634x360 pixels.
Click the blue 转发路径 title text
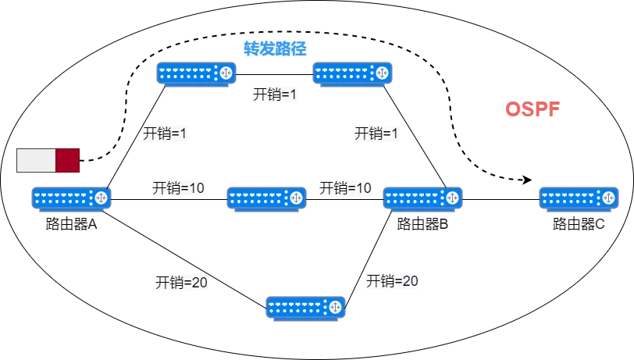(x=275, y=48)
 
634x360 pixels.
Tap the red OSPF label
(x=532, y=109)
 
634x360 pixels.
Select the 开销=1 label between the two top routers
(x=275, y=94)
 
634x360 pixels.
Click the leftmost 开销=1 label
(x=165, y=134)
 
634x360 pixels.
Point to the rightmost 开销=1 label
(x=376, y=134)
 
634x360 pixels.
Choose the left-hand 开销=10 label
(x=178, y=188)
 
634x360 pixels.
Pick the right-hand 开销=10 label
(x=345, y=188)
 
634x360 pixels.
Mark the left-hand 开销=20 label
(x=181, y=283)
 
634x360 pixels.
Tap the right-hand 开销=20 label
(x=392, y=281)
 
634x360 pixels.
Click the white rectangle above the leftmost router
(x=36, y=160)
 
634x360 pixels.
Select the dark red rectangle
(x=67, y=160)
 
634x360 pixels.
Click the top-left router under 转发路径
(x=196, y=73)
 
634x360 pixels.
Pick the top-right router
(x=352, y=73)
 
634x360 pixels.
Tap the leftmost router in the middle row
(x=71, y=198)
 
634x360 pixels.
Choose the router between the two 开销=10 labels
(x=266, y=198)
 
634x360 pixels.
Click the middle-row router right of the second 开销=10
(x=422, y=198)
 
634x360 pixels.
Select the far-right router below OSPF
(x=579, y=198)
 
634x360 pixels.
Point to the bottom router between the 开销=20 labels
(x=305, y=308)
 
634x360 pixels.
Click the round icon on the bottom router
(x=335, y=307)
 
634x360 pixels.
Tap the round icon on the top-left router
(x=226, y=73)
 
